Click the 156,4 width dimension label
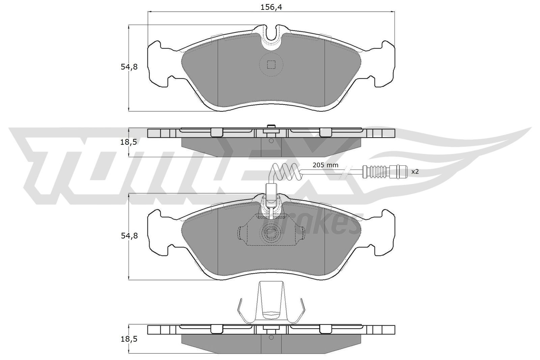coord(271,7)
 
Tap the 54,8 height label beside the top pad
coord(129,67)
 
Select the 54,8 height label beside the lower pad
coord(129,236)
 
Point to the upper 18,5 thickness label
coord(129,142)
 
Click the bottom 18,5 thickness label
coord(129,339)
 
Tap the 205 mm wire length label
coord(325,165)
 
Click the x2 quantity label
coord(415,172)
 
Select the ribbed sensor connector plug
coord(385,171)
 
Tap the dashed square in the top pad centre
coord(271,64)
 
